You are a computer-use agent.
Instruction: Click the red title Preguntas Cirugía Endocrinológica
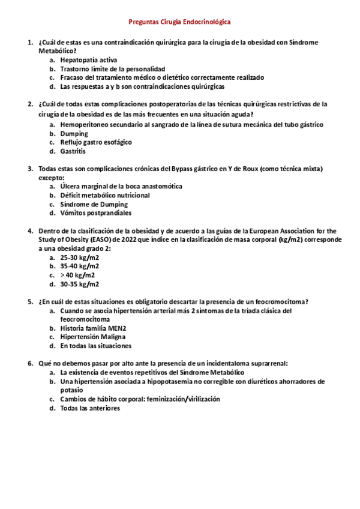pos(180,22)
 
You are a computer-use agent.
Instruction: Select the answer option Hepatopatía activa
pos(88,60)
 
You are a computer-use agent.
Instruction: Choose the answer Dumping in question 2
pos(74,133)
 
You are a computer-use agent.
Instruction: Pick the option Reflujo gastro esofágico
pos(96,142)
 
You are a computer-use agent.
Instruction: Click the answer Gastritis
pos(74,151)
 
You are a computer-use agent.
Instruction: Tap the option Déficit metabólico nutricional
pos(105,195)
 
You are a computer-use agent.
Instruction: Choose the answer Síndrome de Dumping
pos(94,204)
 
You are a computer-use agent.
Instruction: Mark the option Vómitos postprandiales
pos(96,213)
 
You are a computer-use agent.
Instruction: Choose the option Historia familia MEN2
pos(93,328)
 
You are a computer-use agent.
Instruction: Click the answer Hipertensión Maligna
pos(92,337)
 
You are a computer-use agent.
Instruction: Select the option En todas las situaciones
pos(96,346)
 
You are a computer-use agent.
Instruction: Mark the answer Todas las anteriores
pos(90,408)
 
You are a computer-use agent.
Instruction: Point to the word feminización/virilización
pos(182,399)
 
